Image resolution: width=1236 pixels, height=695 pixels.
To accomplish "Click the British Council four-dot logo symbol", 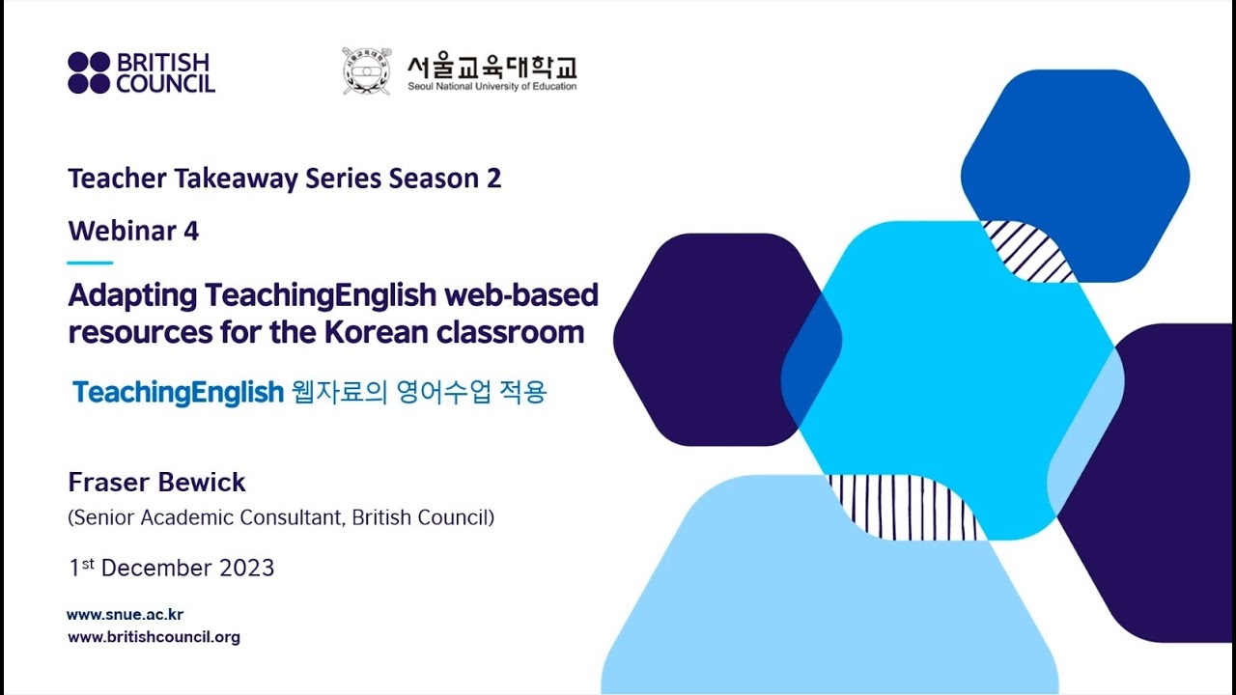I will [x=89, y=73].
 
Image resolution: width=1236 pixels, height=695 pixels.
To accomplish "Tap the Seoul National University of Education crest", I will [x=366, y=71].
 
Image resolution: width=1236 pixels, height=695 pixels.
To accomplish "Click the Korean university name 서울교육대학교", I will [x=492, y=67].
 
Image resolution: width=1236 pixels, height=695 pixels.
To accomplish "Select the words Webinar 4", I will [x=133, y=232].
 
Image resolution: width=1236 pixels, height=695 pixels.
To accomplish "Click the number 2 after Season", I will [x=493, y=180].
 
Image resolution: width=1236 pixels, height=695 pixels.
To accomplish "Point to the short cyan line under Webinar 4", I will [x=90, y=263].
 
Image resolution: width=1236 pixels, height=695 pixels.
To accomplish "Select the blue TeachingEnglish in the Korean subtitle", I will [x=178, y=393].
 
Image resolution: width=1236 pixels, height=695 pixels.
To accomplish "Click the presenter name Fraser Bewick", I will [x=156, y=483].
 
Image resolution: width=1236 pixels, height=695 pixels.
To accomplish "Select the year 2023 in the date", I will [x=248, y=568].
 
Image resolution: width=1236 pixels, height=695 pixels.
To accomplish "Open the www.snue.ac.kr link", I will [x=125, y=615].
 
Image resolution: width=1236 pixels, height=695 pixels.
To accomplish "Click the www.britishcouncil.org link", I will [x=154, y=637].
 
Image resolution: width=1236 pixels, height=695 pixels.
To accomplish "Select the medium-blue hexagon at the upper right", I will [x=1075, y=154].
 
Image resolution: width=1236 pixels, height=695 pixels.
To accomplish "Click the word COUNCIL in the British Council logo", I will [x=165, y=84].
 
